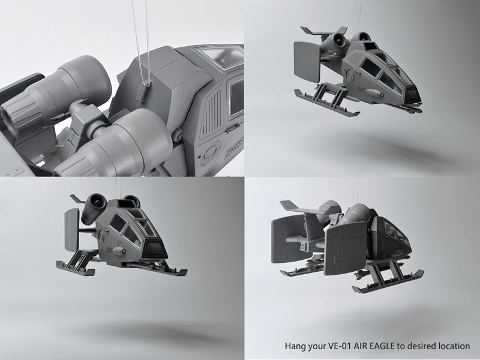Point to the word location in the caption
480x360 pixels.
[454, 346]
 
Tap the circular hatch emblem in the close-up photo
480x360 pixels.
[211, 152]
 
